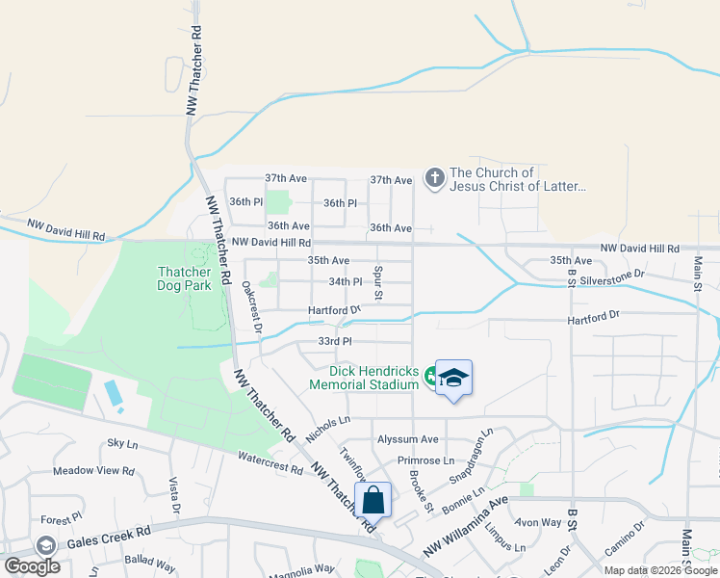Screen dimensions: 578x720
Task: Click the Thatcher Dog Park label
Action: click(x=184, y=278)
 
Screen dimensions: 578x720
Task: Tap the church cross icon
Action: click(x=434, y=177)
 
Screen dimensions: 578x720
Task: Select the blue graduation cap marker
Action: click(x=453, y=378)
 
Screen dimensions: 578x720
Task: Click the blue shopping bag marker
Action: click(x=373, y=501)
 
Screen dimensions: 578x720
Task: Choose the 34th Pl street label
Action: click(x=345, y=282)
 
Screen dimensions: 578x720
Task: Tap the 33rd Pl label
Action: click(x=335, y=341)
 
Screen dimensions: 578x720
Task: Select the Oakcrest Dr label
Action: click(x=253, y=306)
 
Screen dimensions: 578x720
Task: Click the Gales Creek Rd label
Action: click(x=109, y=537)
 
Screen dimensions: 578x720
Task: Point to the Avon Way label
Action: click(x=538, y=523)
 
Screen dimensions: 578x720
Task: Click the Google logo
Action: click(x=32, y=565)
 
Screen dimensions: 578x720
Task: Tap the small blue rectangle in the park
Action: click(x=113, y=392)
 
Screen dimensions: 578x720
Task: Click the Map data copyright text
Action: click(x=660, y=570)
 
